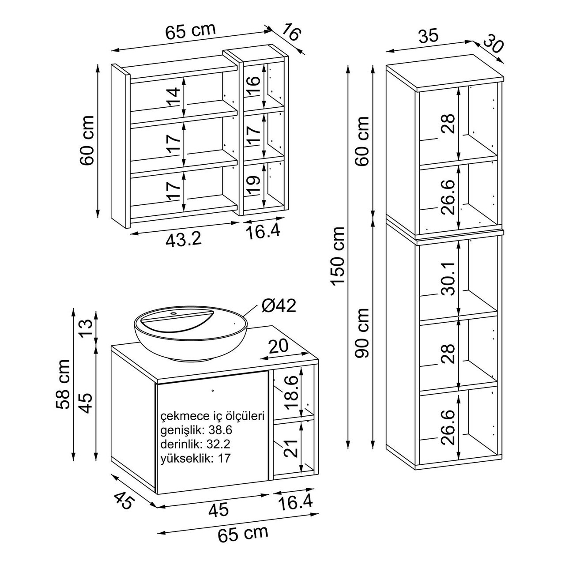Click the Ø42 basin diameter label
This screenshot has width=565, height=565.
pyautogui.click(x=279, y=306)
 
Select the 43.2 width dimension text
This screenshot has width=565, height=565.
pyautogui.click(x=184, y=240)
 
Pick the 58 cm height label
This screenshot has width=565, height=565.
pyautogui.click(x=63, y=384)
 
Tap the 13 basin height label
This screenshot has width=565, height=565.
pyautogui.click(x=87, y=328)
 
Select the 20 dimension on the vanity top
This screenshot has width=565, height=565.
pyautogui.click(x=279, y=346)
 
